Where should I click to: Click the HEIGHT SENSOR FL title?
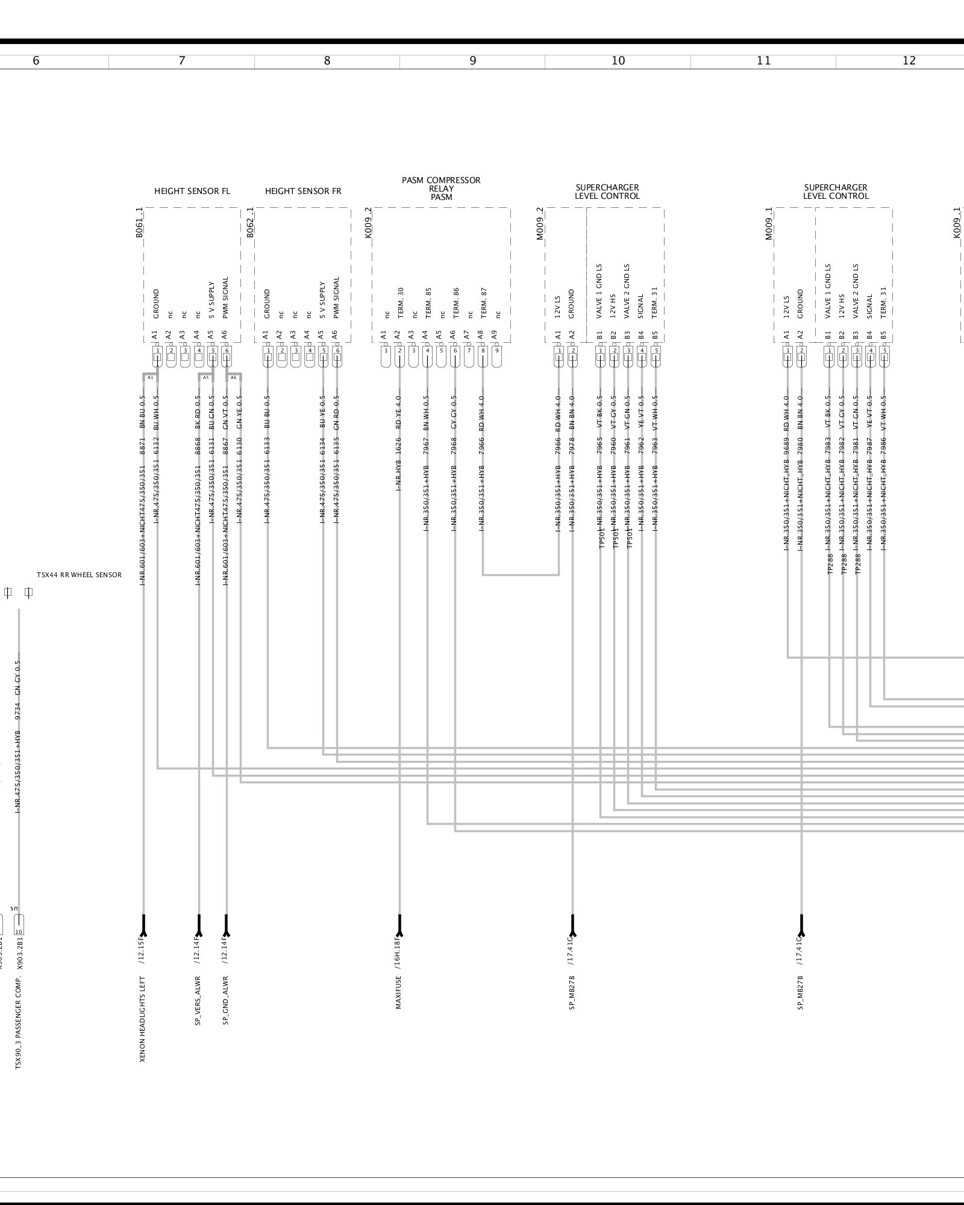pos(192,192)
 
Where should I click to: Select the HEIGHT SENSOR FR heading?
pos(303,192)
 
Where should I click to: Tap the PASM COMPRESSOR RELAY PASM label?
pos(441,189)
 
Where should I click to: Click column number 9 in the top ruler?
pos(473,61)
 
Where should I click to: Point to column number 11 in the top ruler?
pos(763,61)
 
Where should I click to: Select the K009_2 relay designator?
pos(369,223)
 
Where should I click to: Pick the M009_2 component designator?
pos(540,224)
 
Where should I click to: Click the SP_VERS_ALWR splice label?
pos(198,1001)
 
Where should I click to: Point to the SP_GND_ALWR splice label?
pos(226,1001)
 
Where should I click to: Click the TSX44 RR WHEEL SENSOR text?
pos(79,575)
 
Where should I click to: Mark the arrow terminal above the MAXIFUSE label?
pos(399,925)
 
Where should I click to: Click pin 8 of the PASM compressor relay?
pos(483,350)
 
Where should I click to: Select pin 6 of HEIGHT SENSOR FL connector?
pos(227,350)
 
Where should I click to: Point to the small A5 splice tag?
pos(205,378)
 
